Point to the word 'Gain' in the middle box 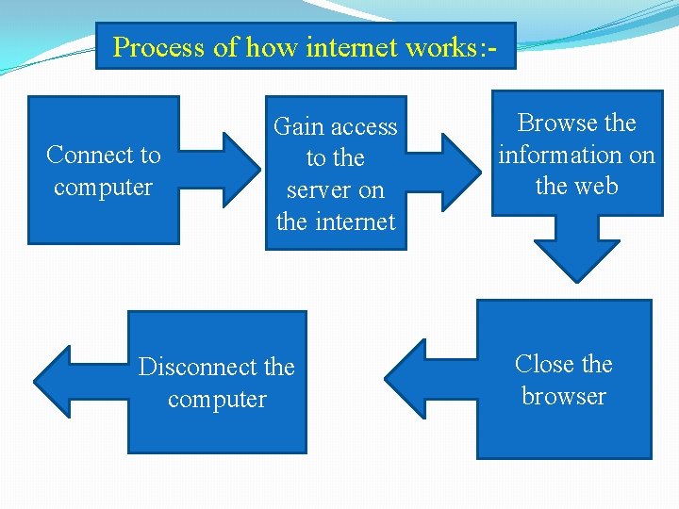[299, 126]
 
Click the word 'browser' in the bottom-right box [563, 396]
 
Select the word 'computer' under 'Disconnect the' [217, 399]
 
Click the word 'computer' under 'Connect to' [103, 187]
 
